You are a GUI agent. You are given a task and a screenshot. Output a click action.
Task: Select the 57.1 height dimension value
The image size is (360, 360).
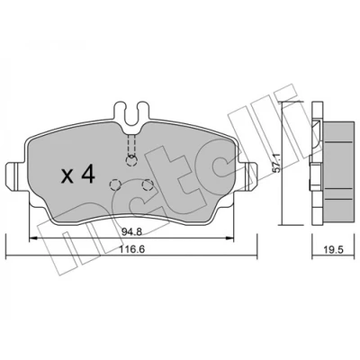(278, 163)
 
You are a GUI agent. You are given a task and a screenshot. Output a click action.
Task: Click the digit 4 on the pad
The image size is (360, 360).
(88, 175)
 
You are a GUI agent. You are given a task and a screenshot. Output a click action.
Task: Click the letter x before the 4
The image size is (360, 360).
(67, 177)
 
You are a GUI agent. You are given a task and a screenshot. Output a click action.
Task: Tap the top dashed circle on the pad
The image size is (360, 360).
(131, 161)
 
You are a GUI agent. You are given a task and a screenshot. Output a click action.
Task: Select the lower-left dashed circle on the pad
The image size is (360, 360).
(114, 184)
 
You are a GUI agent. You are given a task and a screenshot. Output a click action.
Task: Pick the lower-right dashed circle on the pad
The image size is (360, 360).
(148, 185)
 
